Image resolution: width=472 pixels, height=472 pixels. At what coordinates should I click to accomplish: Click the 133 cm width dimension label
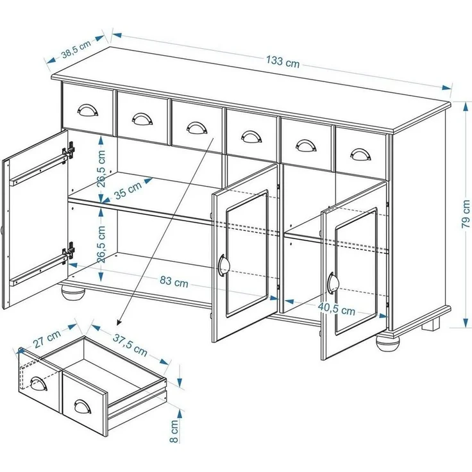pos(282,62)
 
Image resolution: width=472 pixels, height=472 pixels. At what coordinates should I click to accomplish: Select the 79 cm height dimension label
pos(466,214)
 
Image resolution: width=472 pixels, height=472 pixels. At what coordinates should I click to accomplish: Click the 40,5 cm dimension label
pos(337,308)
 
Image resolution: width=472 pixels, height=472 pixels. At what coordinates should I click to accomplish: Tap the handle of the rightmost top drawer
pos(360,155)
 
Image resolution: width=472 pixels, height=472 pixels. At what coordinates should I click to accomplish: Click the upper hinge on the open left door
pos(68,153)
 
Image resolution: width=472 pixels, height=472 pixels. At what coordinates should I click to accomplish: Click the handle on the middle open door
pos(222,264)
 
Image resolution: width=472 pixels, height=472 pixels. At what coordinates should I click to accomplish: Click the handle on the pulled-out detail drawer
pos(82,407)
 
